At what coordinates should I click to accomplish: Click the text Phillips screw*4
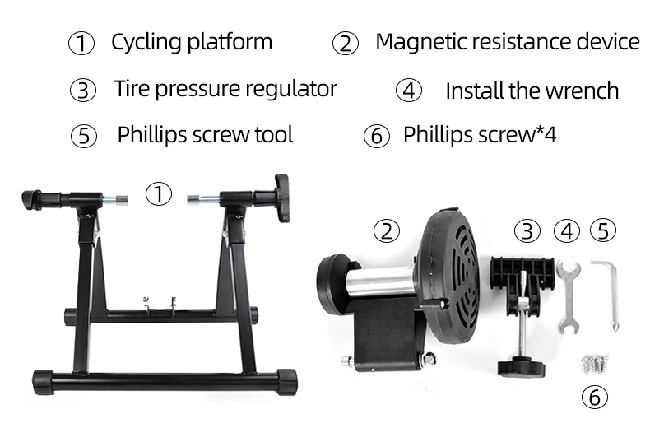coord(480,134)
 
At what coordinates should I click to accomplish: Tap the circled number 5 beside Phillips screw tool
coord(84,136)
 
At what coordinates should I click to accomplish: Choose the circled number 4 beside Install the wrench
coord(409,91)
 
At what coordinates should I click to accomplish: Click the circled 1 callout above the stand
coord(159,193)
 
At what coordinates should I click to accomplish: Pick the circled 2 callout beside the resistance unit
coord(387,231)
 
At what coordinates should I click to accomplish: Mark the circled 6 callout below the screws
coord(595,397)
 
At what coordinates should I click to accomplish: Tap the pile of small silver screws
coord(596,363)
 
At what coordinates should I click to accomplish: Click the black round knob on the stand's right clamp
coord(282,198)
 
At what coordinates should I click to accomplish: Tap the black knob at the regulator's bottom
coord(522,366)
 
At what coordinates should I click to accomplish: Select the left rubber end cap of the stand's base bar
coord(43,382)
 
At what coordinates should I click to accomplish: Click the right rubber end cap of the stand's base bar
coord(287,381)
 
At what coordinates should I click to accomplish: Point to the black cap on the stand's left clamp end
coord(31,200)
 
